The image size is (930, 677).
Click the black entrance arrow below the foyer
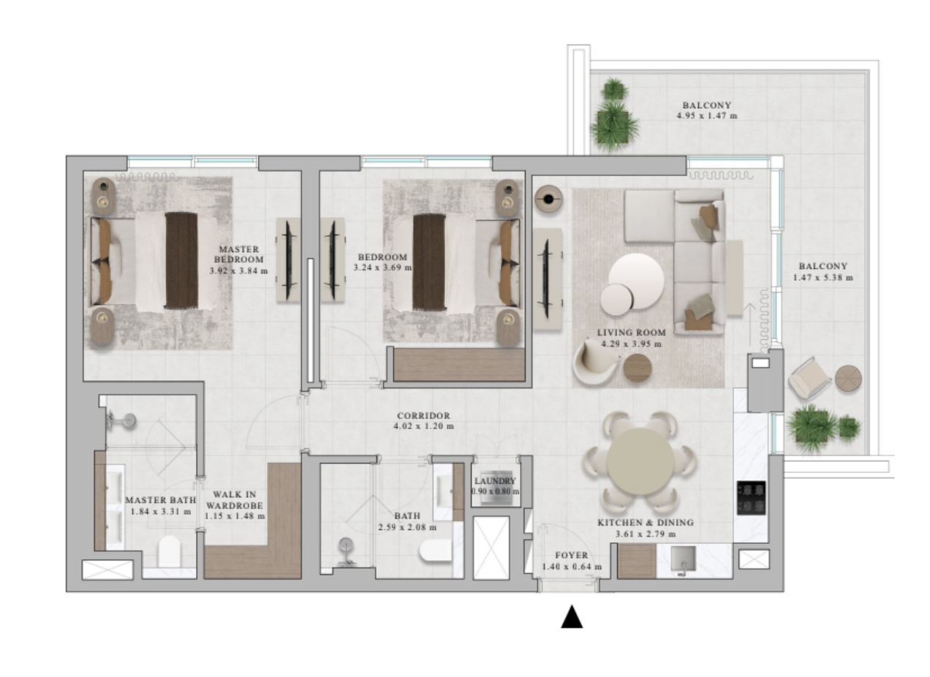tap(572, 617)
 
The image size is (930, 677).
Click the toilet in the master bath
tap(170, 551)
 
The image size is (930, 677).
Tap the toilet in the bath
tap(436, 551)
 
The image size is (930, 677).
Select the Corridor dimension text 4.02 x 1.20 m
tap(423, 426)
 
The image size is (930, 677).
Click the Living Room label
tap(631, 333)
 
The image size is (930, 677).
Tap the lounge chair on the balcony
tap(809, 378)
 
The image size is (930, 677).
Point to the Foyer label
tap(572, 556)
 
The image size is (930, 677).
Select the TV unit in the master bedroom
tap(289, 260)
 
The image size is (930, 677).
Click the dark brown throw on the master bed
tap(181, 261)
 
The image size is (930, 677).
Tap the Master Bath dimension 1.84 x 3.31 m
tap(161, 512)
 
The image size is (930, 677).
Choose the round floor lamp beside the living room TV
tap(548, 200)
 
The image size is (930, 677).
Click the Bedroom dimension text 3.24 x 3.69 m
tap(382, 268)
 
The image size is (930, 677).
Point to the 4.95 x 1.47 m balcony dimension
tap(706, 116)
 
